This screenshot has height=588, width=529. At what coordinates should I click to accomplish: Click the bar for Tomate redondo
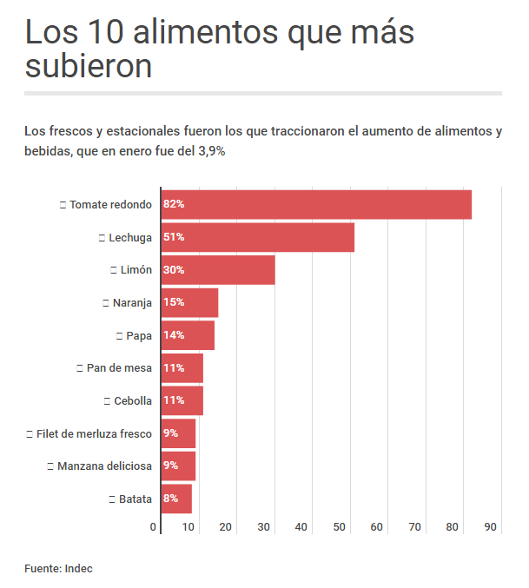pos(316,204)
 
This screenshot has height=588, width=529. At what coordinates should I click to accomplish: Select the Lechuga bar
pos(258,237)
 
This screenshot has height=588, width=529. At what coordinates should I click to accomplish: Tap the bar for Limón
pos(218,270)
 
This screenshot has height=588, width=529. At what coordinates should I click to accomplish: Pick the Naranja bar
pos(190,303)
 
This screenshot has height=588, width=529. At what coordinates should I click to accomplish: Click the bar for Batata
pos(176,499)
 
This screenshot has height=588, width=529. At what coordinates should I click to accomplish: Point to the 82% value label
pos(174,204)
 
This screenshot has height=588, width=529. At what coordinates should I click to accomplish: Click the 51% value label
pos(174,237)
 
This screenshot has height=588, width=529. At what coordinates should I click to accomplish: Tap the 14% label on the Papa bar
pos(174,335)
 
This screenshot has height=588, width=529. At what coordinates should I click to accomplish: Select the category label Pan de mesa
pos(119,368)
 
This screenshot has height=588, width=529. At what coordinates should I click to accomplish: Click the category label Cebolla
pos(133,401)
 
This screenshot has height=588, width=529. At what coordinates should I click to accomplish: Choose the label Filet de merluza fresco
pos(94,433)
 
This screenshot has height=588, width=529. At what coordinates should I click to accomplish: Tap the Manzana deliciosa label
pos(104,466)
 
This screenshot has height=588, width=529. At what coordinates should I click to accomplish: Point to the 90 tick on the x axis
pos(491,527)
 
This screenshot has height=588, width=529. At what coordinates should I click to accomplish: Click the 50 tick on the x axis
pos(340,527)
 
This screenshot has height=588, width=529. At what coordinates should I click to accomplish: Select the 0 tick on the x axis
pos(154,527)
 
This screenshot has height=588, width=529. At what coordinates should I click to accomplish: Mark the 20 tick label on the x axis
pos(226,527)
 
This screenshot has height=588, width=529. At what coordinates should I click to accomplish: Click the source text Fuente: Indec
pos(58,568)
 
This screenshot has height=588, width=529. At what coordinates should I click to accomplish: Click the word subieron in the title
pos(89,67)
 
